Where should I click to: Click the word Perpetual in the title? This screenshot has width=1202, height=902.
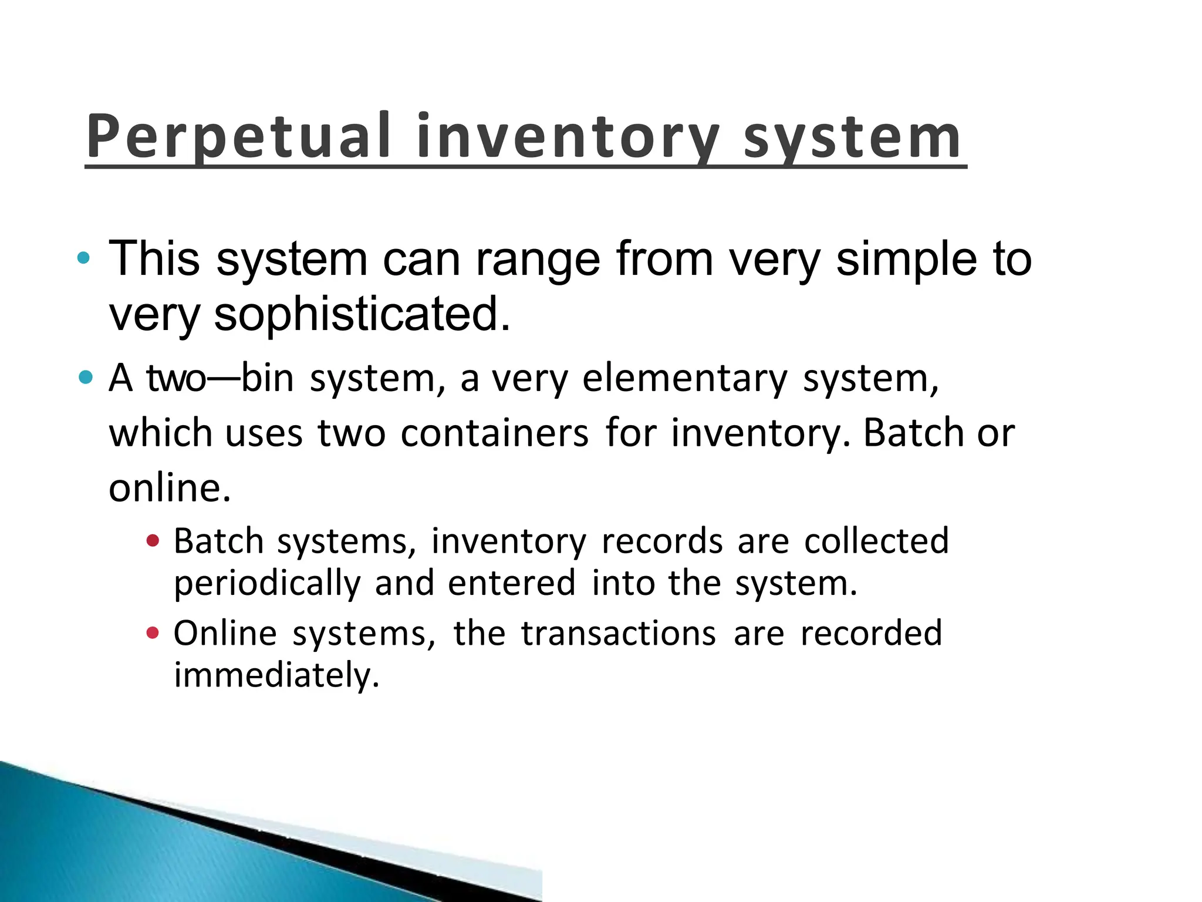(x=238, y=136)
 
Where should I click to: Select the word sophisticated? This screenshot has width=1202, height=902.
(x=362, y=314)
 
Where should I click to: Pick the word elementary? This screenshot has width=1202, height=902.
(x=684, y=379)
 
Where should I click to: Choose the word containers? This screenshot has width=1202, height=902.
(x=494, y=433)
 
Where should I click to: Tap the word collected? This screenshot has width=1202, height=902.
(x=876, y=541)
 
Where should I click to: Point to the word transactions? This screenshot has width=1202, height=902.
(x=619, y=634)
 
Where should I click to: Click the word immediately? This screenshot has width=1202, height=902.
(x=276, y=675)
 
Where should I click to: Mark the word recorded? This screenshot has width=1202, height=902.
(x=871, y=634)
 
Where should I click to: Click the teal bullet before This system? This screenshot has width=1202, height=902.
(x=84, y=258)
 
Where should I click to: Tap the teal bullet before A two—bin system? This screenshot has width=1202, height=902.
(x=86, y=377)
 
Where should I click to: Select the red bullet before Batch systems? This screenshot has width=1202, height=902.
(x=153, y=540)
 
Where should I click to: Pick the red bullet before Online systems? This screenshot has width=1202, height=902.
(x=153, y=632)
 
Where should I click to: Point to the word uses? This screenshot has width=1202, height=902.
(x=264, y=433)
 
